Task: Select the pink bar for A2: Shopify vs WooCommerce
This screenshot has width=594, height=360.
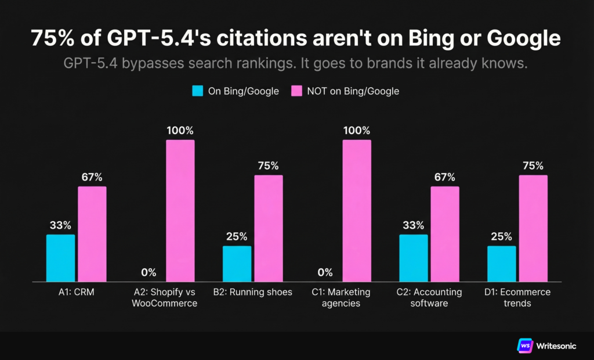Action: coord(180,211)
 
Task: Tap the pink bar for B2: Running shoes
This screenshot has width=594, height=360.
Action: coord(269,228)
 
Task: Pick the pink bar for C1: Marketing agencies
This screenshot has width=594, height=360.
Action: coord(357,211)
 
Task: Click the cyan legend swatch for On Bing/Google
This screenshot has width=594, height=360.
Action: coord(197,91)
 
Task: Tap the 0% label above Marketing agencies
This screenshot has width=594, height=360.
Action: coord(325,272)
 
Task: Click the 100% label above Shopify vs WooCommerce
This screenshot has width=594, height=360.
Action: coord(180,130)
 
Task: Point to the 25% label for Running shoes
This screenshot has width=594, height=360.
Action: coord(237,236)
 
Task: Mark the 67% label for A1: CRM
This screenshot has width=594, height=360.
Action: coord(92,177)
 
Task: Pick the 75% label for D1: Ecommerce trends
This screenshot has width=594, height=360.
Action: coord(533,165)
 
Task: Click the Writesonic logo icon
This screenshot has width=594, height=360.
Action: coord(524,345)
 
